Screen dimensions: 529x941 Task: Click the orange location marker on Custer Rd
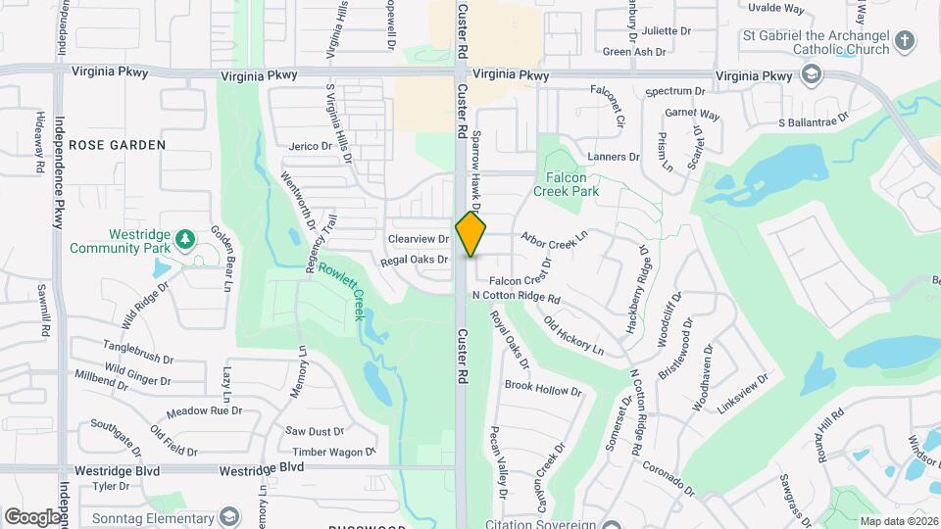click(x=470, y=233)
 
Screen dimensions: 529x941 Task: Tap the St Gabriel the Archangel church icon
click(x=905, y=41)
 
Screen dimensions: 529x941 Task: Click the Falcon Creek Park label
click(x=566, y=184)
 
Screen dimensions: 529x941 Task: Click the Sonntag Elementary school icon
click(x=228, y=515)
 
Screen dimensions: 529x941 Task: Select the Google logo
click(x=31, y=516)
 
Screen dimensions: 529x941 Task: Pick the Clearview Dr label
click(x=418, y=239)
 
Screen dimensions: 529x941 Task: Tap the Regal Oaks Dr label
click(x=414, y=260)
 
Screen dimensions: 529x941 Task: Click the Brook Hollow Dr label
click(x=543, y=390)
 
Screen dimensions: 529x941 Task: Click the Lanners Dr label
click(x=613, y=156)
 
